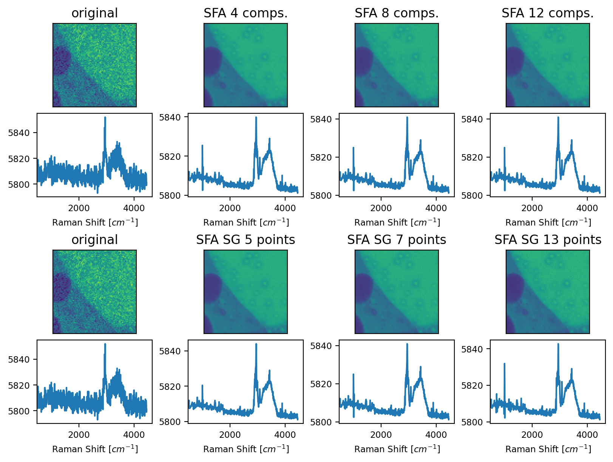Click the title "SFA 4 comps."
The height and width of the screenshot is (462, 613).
click(246, 13)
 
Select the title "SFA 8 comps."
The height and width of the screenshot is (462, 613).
click(397, 13)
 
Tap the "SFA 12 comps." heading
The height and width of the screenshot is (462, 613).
click(548, 13)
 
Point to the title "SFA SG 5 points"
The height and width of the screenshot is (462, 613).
click(246, 240)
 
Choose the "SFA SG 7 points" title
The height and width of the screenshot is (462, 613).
click(397, 240)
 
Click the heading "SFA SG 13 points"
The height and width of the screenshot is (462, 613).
click(548, 240)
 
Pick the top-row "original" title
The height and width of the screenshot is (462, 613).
click(94, 13)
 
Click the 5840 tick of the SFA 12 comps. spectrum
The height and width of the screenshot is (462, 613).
click(472, 119)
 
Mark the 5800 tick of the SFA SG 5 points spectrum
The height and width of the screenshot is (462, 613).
click(170, 422)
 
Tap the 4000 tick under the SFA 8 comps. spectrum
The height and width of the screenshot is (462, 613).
click(436, 208)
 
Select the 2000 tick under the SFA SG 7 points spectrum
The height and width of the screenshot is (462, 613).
click(381, 434)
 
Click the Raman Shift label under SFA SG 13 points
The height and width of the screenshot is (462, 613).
click(548, 449)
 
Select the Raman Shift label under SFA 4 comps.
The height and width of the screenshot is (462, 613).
click(246, 222)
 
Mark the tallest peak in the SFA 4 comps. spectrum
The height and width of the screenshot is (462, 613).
click(256, 117)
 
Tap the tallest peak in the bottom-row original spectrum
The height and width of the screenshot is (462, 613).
click(105, 344)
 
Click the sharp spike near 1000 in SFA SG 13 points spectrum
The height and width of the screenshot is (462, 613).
click(504, 364)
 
